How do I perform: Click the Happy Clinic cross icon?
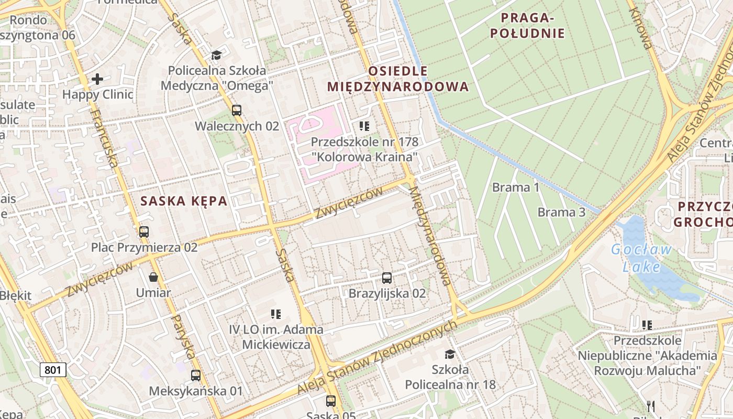coord(97,79)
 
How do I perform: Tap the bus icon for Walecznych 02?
coord(237,110)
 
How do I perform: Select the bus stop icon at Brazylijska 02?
coord(387,278)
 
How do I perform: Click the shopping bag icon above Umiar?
coord(153,277)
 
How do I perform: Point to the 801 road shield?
coord(53,370)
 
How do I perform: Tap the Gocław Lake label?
coord(641,258)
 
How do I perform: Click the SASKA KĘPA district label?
coord(184,201)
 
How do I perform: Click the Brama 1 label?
coord(516,187)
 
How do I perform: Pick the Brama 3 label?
coord(561,212)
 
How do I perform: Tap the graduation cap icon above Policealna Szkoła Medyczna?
coord(217,55)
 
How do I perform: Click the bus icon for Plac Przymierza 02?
coord(144,231)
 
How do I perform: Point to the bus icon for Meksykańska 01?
coord(196,375)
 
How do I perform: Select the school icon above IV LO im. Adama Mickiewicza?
coord(276,314)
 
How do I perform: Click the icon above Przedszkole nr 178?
coord(364,126)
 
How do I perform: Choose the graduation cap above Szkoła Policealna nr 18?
coord(450,355)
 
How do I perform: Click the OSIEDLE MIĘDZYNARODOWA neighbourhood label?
coord(398,79)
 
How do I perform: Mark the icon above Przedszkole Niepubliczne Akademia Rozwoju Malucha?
coord(647,325)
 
